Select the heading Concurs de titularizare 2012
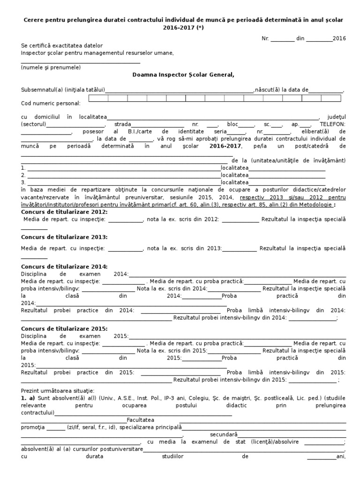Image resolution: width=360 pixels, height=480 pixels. pos(64,212)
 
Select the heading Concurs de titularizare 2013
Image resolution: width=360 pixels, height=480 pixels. pos(64,237)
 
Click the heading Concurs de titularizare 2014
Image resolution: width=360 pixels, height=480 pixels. pos(64,266)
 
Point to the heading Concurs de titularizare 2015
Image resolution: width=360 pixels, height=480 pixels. pos(64,329)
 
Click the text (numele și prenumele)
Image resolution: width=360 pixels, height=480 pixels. pos(51,67)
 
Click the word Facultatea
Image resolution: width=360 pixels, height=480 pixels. pos(141,420)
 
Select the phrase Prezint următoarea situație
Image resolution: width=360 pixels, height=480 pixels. pos(58,390)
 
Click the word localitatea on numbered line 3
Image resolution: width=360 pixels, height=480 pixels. pos(234,182)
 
